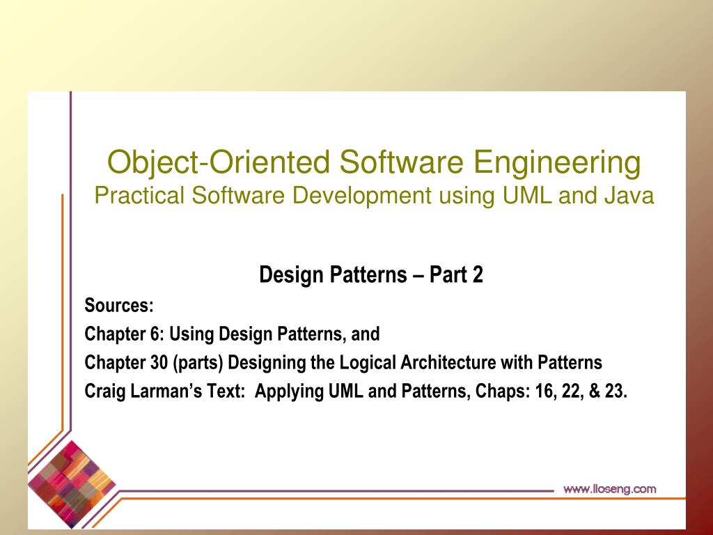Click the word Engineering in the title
point(557,163)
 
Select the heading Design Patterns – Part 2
point(371,274)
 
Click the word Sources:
point(119,305)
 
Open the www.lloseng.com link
point(609,489)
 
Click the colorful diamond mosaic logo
point(72,483)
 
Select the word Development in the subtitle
point(361,196)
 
